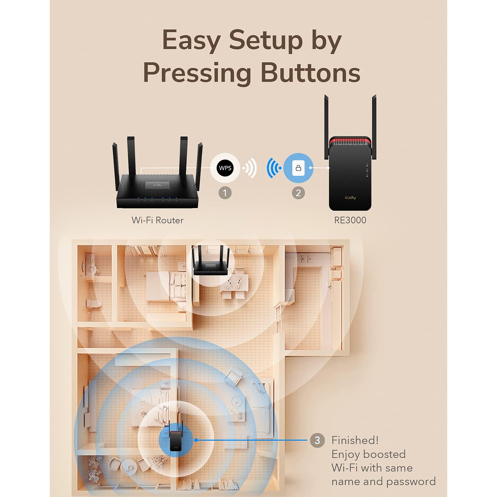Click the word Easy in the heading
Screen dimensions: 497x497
coord(191,41)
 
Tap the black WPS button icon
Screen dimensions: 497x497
coord(225,168)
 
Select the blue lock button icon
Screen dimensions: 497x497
coord(298,168)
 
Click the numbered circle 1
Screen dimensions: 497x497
coord(225,193)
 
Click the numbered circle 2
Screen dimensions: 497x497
coord(298,193)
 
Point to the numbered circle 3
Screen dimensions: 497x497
coord(317,440)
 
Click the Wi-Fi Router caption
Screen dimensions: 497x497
coord(158,220)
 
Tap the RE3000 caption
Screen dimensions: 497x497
coord(350,220)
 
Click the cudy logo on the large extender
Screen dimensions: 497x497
coord(350,198)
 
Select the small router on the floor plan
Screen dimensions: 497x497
coord(210,262)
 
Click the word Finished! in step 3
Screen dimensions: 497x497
coord(355,440)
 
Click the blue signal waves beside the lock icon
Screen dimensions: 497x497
coord(274,168)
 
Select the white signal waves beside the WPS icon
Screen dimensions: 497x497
coord(250,168)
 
